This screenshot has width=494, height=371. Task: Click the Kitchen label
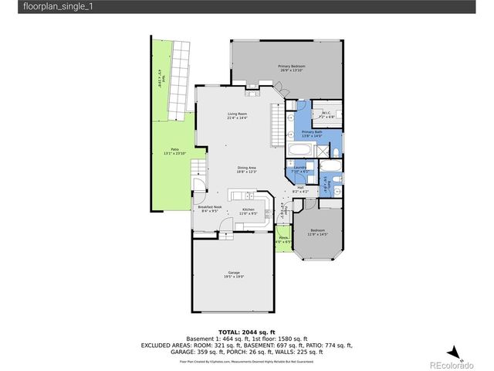tap(249, 209)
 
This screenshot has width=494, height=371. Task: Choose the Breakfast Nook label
tap(210, 207)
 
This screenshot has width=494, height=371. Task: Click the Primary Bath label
tap(313, 134)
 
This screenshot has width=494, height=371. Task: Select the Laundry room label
tap(300, 168)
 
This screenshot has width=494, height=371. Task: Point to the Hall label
tap(300, 189)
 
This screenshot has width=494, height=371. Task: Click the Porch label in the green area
tap(283, 240)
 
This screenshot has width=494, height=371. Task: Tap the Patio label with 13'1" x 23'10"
tap(175, 152)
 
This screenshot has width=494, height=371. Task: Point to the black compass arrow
tap(455, 351)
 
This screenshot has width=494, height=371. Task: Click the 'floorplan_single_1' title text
tap(38, 6)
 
